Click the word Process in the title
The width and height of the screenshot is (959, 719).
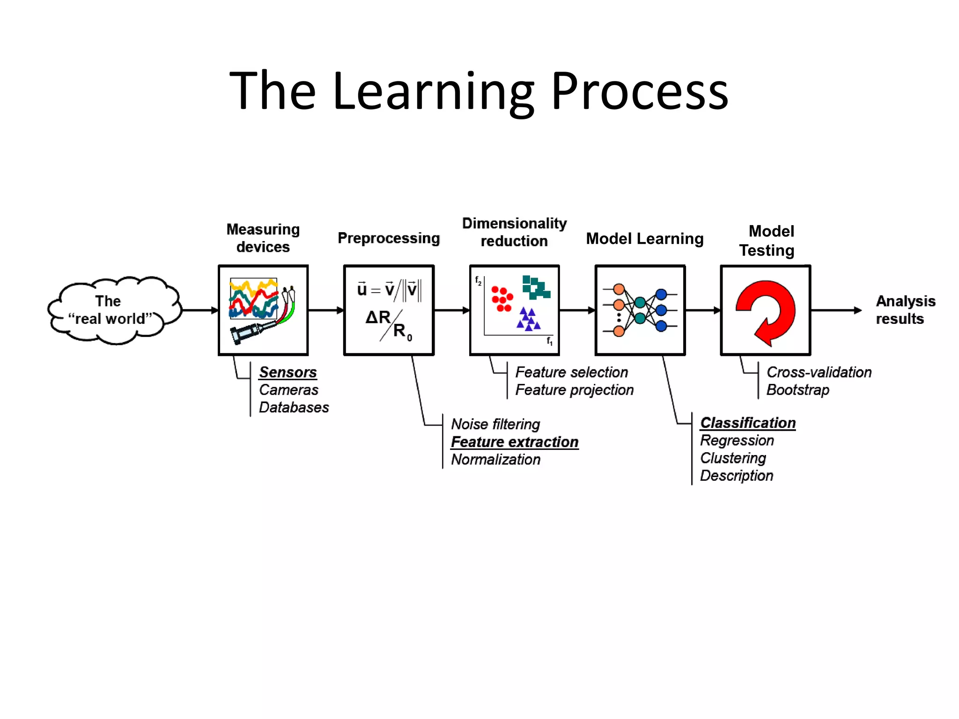coord(639,91)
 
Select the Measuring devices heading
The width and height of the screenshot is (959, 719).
coord(263,238)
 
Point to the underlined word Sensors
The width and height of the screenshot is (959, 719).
coord(288,372)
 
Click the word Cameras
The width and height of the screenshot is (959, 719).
coord(288,390)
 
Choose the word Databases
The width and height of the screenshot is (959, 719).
coord(294,407)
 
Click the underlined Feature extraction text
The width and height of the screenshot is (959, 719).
coord(515,442)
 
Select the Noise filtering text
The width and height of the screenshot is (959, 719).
coord(495,424)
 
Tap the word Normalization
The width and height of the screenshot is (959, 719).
coord(495,460)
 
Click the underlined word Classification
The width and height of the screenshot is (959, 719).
coord(748,423)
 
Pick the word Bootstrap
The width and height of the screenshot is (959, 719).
coord(797,390)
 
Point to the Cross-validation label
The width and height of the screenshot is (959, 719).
coord(819,372)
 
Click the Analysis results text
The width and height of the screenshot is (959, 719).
coord(905,310)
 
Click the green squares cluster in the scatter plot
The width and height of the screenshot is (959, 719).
coord(536,287)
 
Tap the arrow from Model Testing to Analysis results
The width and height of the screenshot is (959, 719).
coord(836,310)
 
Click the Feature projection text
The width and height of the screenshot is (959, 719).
coord(574,390)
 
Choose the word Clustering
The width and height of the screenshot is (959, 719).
coord(733,458)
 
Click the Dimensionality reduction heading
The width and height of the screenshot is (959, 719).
coord(514,232)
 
